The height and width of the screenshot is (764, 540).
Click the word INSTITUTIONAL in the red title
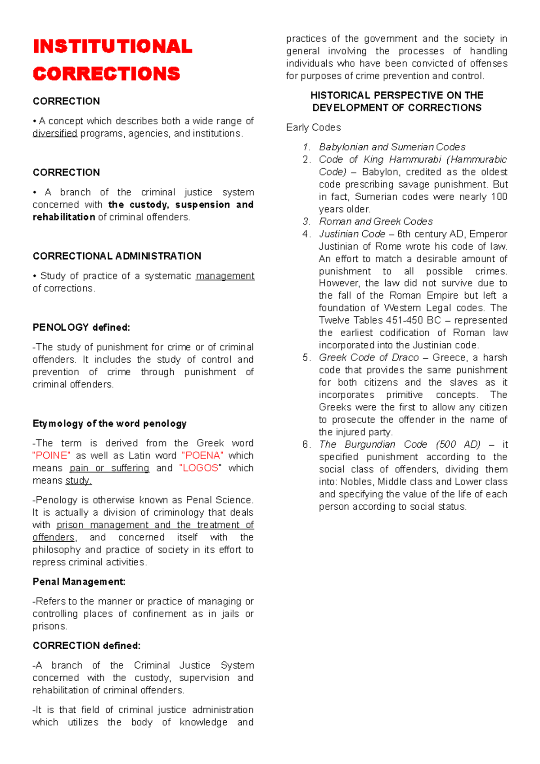[112, 47]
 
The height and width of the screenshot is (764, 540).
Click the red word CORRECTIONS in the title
[106, 74]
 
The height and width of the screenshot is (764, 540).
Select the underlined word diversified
[55, 134]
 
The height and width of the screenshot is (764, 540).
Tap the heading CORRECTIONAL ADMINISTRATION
[117, 256]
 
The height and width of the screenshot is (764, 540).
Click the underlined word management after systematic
[225, 276]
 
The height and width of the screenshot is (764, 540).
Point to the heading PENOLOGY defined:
[81, 328]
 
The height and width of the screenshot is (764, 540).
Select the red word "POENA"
[202, 456]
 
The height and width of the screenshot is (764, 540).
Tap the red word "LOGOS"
[200, 468]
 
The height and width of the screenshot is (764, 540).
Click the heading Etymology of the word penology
[109, 424]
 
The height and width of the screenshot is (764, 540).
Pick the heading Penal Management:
[79, 582]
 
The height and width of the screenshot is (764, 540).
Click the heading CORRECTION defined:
[86, 646]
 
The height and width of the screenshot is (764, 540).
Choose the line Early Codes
[313, 128]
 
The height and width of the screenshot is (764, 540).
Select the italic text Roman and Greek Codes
[376, 222]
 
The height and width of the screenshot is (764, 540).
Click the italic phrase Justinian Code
[352, 234]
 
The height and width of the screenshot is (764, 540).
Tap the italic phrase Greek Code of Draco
[369, 358]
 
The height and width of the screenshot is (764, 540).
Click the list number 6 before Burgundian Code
[306, 445]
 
